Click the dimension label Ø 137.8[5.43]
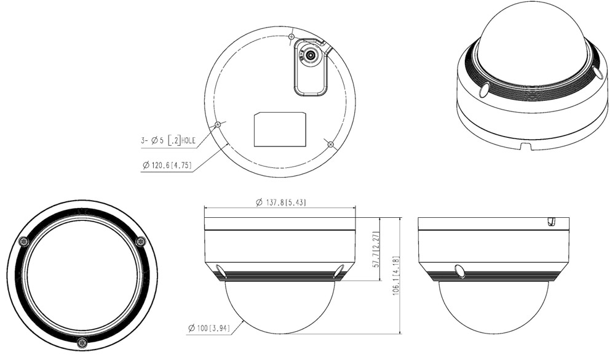[x=280, y=202]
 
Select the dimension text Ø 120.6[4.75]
[x=167, y=166]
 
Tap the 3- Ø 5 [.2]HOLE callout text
[x=168, y=140]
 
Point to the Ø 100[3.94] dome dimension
[x=209, y=328]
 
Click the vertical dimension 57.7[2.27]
[x=376, y=249]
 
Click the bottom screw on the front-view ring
[x=82, y=342]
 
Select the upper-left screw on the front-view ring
[x=25, y=242]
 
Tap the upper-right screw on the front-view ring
[x=140, y=242]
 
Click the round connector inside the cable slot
[x=311, y=55]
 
